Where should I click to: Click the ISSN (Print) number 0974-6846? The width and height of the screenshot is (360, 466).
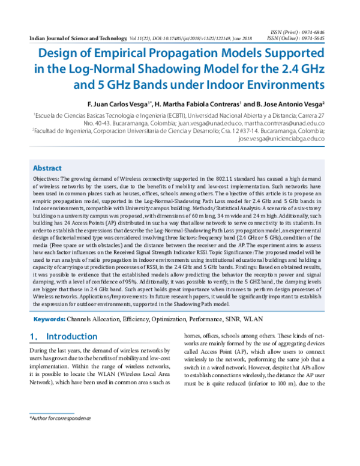pos(316,31)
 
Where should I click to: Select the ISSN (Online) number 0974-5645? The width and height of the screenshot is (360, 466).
pos(316,37)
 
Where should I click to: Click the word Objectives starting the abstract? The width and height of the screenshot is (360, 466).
pos(47,163)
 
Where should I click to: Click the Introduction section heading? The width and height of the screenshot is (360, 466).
pos(71,336)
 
